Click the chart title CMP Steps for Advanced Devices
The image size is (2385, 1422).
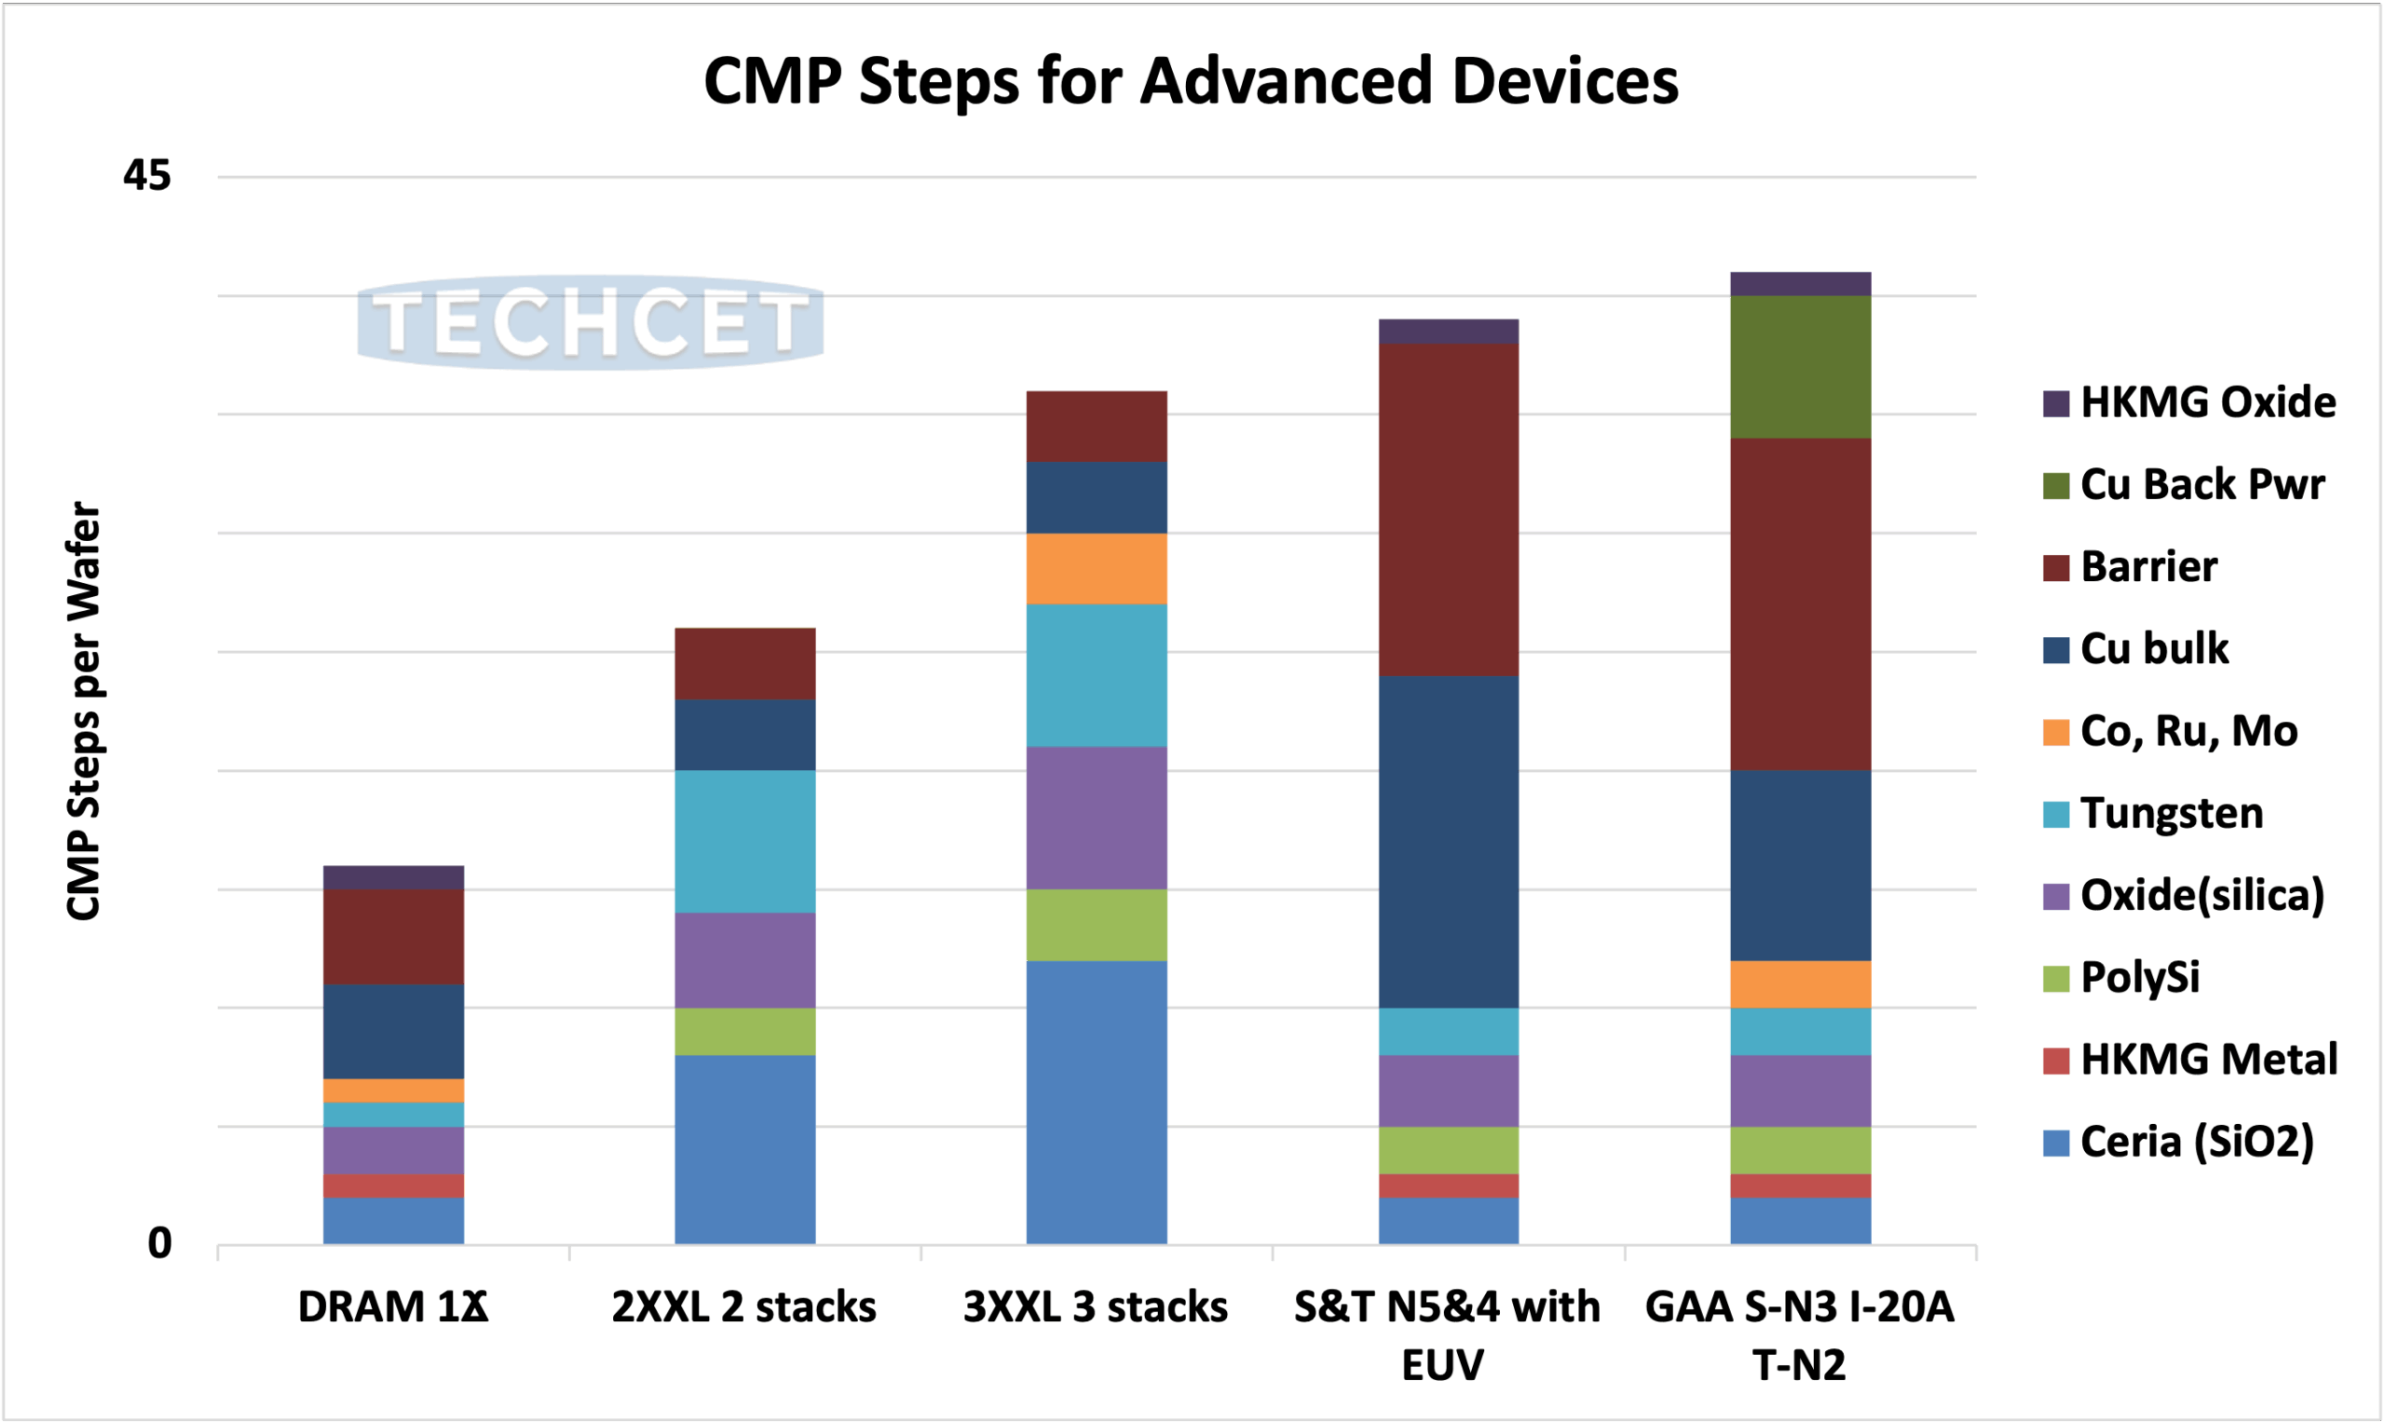pyautogui.click(x=1191, y=80)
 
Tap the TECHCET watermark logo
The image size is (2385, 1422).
pyautogui.click(x=591, y=323)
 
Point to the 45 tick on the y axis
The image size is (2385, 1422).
pyautogui.click(x=146, y=175)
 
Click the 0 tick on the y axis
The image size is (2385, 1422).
pyautogui.click(x=159, y=1243)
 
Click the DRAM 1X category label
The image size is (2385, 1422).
pyautogui.click(x=393, y=1307)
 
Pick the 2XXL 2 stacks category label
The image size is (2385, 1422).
pyautogui.click(x=743, y=1307)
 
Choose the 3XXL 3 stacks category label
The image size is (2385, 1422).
pyautogui.click(x=1096, y=1307)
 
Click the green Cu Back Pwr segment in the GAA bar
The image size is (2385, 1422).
pyautogui.click(x=1800, y=366)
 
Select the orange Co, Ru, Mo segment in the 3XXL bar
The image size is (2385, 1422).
pyautogui.click(x=1097, y=568)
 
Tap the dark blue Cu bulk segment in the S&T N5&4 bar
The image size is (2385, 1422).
pyautogui.click(x=1449, y=841)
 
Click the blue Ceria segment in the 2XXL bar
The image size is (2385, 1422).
pyautogui.click(x=744, y=1149)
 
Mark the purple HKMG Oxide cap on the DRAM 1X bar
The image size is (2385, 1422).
pyautogui.click(x=393, y=877)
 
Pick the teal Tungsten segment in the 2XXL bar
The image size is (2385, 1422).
pyautogui.click(x=744, y=840)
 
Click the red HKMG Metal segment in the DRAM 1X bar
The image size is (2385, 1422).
pyautogui.click(x=393, y=1185)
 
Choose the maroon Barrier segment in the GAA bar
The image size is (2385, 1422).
pyautogui.click(x=1800, y=603)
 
